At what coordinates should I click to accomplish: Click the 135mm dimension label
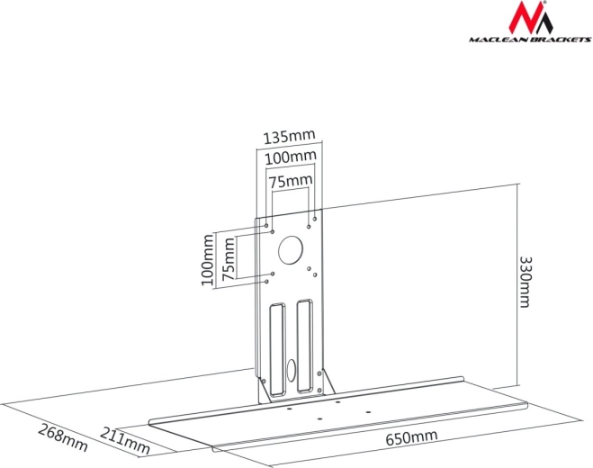coord(289,138)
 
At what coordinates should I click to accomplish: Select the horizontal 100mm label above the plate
coord(291,157)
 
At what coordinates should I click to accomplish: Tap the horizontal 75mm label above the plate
coord(291,181)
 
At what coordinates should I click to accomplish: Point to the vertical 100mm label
coord(209,260)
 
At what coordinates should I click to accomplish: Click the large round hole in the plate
coord(290,249)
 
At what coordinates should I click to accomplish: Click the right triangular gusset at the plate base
coord(329,383)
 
